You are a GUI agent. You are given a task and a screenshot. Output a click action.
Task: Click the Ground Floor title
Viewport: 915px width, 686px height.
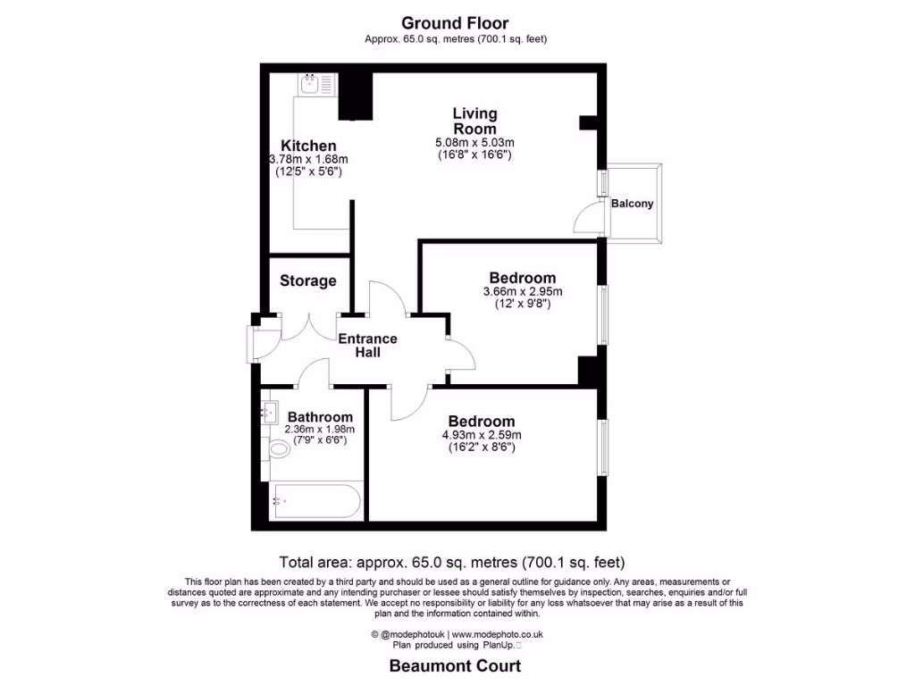(456, 22)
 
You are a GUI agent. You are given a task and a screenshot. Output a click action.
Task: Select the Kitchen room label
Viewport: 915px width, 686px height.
(308, 146)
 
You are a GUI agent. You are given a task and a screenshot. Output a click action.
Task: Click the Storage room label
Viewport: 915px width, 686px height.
(308, 280)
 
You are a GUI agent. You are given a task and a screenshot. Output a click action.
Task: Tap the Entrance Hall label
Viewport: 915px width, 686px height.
(367, 346)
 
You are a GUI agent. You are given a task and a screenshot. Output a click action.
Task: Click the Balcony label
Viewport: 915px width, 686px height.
(633, 204)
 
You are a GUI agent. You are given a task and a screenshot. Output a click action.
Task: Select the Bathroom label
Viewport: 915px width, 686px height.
(320, 417)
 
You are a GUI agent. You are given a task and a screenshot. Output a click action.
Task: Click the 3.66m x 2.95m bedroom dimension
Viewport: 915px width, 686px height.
(523, 291)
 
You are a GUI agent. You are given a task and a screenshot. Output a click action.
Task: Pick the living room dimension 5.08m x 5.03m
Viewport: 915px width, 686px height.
(474, 142)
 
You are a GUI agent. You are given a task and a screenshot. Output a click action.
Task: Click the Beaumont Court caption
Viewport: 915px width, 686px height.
(455, 666)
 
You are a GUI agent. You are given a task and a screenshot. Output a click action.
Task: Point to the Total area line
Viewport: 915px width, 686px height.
(452, 563)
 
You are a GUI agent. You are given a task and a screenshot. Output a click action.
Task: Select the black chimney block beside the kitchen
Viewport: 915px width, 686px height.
(356, 96)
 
